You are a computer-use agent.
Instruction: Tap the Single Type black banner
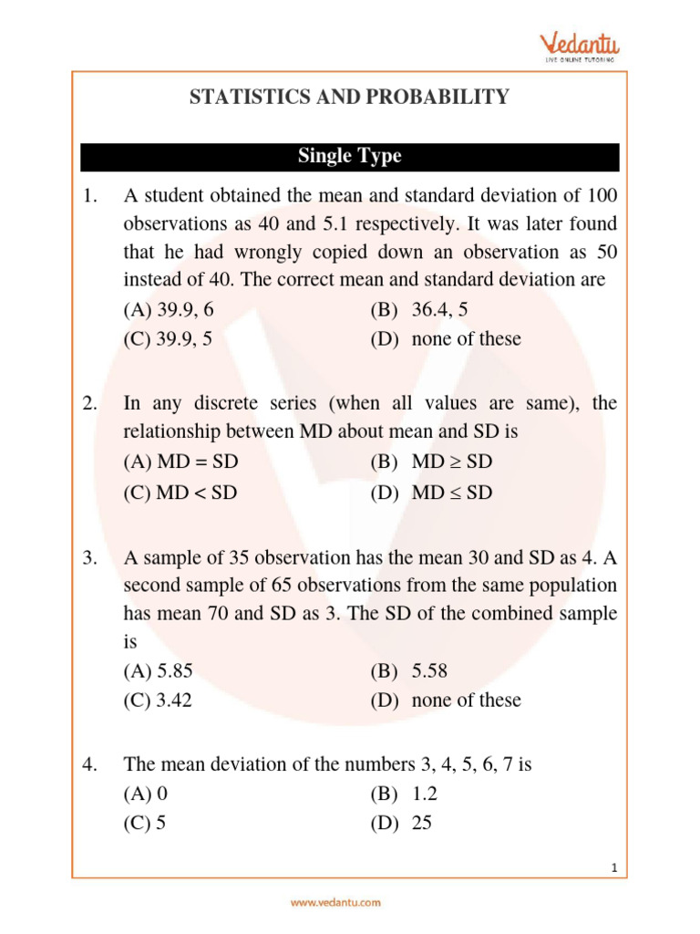tap(349, 156)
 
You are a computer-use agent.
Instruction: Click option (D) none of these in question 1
tap(446, 339)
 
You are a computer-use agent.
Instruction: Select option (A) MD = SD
tap(187, 462)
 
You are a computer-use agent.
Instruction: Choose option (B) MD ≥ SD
tap(431, 462)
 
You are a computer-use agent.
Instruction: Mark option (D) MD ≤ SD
tap(431, 493)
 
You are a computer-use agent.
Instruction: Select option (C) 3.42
tap(158, 700)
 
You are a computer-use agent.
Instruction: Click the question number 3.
tap(89, 555)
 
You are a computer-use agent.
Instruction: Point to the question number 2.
tap(89, 403)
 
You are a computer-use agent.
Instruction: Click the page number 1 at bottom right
tap(615, 868)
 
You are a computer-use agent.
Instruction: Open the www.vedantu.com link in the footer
tap(335, 903)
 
